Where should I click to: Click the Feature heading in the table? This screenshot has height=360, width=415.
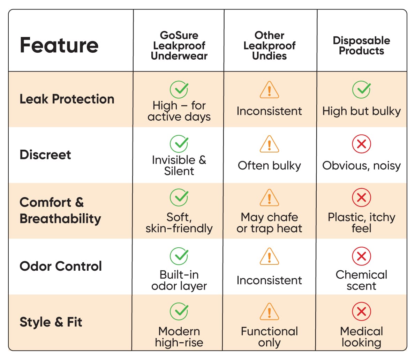59,45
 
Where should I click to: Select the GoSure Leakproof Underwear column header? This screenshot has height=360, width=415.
179,46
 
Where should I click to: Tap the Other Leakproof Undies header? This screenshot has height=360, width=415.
270,46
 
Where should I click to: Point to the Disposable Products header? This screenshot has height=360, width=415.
362,46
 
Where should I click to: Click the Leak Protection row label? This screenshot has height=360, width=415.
67,99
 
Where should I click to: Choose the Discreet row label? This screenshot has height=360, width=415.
45,155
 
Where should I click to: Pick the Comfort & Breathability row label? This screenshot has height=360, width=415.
60,211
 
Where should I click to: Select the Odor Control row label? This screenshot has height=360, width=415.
61,266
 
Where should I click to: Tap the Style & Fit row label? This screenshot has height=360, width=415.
51,322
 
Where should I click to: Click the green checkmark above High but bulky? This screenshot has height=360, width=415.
362,89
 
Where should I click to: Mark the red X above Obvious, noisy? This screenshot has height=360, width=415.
362,144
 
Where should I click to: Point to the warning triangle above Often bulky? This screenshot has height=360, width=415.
270,144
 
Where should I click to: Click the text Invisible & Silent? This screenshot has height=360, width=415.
179,165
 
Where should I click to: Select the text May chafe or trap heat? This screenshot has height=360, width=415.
270,223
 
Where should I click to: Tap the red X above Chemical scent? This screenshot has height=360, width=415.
362,256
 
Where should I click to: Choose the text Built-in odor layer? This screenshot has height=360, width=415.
179,280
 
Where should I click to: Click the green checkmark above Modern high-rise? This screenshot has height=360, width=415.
179,311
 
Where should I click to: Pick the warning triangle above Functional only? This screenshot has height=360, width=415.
270,312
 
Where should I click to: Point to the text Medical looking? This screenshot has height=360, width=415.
362,337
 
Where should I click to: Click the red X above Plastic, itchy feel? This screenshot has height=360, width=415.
362,197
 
